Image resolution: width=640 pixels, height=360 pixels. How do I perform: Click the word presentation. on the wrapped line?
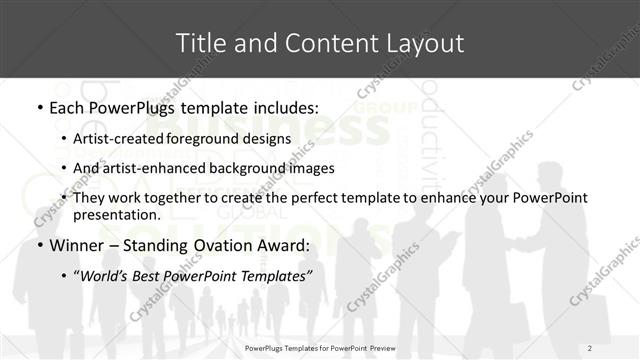pos(116,215)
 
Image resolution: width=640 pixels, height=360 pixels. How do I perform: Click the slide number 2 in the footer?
pos(590,347)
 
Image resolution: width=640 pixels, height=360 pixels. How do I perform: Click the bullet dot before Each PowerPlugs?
pos(39,106)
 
